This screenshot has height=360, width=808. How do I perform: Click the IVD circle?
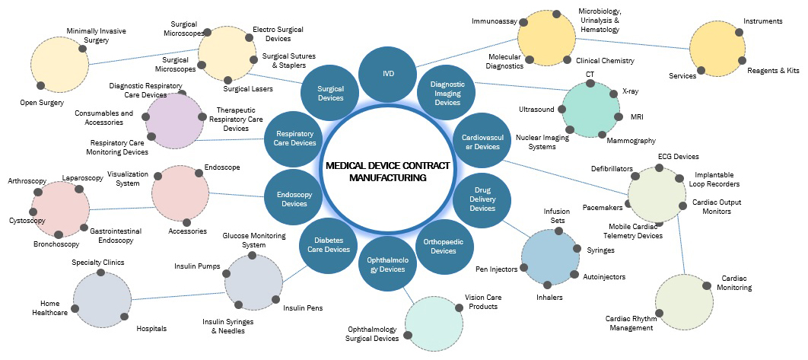(387, 75)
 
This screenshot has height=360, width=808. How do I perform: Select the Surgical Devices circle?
(331, 92)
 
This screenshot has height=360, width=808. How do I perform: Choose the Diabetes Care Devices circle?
(328, 244)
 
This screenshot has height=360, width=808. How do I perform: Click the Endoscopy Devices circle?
(294, 198)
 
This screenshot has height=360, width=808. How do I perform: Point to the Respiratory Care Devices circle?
(294, 138)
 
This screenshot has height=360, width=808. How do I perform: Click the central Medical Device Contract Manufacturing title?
(387, 171)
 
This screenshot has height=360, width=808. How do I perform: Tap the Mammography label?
(631, 141)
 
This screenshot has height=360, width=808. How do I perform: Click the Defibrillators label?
(612, 168)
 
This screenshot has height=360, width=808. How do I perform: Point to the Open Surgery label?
(42, 102)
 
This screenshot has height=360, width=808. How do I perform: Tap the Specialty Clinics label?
(98, 263)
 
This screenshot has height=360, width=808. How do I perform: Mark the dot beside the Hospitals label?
(122, 316)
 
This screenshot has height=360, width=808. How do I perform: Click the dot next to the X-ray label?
(613, 94)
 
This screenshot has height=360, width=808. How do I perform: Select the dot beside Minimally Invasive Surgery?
(82, 48)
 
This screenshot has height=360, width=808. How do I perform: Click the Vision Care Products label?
(481, 302)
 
